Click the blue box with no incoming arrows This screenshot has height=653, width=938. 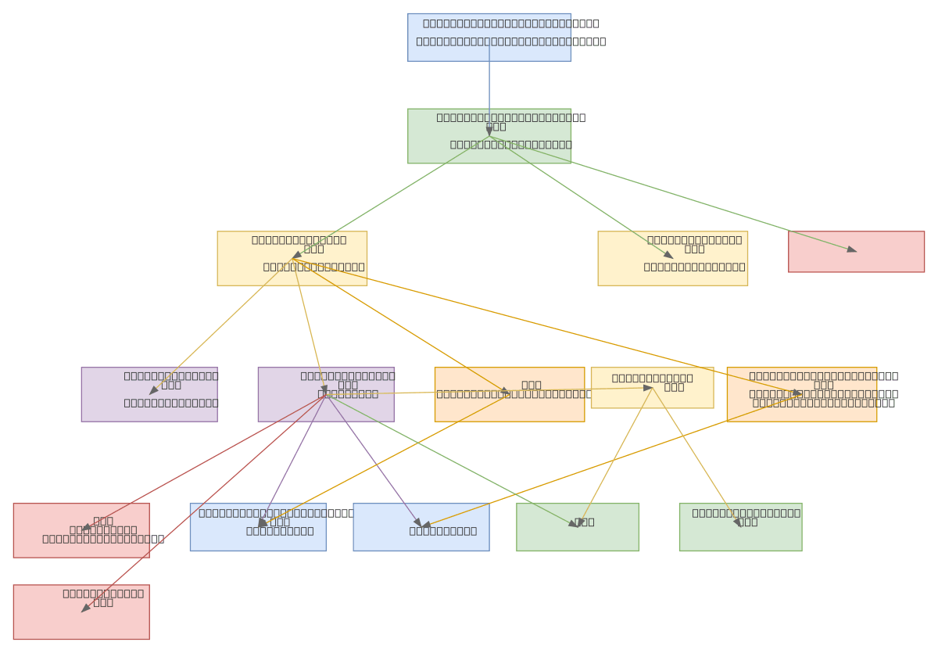489,37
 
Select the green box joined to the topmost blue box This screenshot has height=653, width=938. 489,135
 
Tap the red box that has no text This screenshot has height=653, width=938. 856,251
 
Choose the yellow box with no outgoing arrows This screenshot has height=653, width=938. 672,257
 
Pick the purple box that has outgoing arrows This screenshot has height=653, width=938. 326,394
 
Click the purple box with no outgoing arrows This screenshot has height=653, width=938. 149,394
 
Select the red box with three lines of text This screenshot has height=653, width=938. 81,529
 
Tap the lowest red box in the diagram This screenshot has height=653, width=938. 81,612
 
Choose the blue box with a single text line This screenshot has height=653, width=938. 421,526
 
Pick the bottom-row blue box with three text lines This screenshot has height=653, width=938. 258,526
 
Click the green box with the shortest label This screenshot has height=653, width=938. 577,526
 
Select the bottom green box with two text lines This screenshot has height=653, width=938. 740,526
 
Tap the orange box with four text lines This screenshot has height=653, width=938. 801,394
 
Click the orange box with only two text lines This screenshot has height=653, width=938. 509,394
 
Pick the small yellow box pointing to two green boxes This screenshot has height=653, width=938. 652,387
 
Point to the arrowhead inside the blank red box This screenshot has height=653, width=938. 851,249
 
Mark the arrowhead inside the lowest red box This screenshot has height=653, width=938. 85,608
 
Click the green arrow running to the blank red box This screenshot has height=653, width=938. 672,193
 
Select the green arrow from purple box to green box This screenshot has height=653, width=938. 453,462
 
